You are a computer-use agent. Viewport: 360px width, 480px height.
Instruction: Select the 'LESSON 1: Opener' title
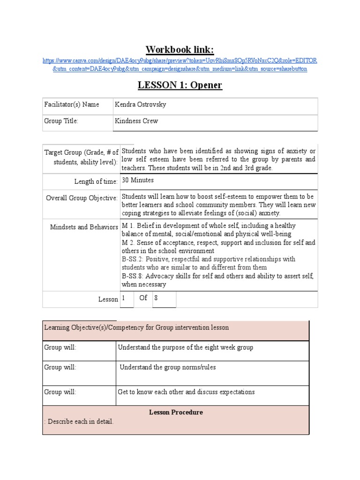pos(180,85)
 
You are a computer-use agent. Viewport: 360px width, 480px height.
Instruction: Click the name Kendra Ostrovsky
pos(140,105)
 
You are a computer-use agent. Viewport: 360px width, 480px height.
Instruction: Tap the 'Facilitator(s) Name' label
pos(71,105)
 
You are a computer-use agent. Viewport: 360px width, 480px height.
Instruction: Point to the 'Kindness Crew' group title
pos(136,121)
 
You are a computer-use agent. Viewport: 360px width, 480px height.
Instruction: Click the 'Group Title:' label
pos(61,121)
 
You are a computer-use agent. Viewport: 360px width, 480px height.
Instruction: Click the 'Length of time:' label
pos(96,181)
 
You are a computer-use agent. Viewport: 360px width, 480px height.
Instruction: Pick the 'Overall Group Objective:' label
pos(82,198)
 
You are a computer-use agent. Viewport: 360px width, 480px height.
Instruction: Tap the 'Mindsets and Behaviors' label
pos(84,227)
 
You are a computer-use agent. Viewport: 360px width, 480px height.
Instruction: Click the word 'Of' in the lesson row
pos(143,298)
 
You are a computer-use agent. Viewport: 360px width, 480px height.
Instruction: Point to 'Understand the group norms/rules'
pos(167,367)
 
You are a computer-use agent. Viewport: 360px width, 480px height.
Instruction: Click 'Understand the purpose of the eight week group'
pos(186,347)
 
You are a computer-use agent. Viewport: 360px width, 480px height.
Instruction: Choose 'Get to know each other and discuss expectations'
pos(186,392)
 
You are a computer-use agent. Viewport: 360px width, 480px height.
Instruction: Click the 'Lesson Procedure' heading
pos(176,412)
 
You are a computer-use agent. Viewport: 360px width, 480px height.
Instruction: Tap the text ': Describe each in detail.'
pos(79,421)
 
